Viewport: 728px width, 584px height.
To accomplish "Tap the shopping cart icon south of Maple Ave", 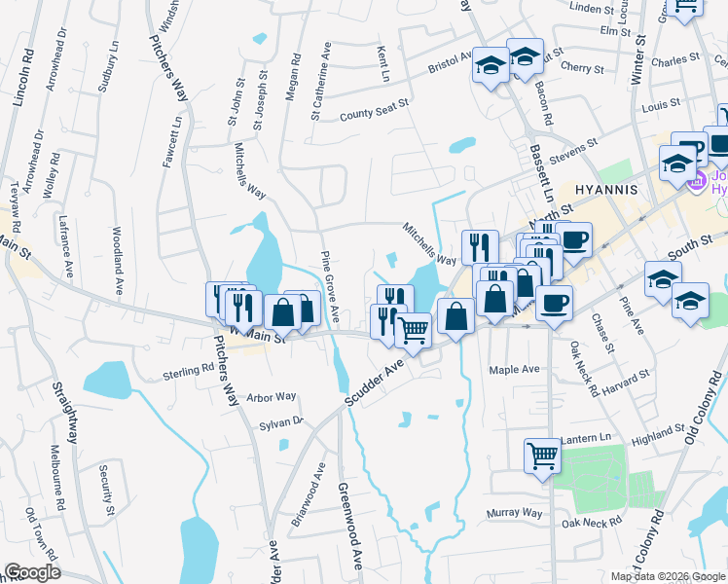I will click(542, 454).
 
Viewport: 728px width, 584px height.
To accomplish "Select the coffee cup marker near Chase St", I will click(554, 304).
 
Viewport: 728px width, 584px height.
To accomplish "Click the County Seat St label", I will click(374, 115).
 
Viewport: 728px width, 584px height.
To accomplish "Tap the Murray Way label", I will click(517, 512).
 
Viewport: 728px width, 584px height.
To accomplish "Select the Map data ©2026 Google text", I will click(667, 576).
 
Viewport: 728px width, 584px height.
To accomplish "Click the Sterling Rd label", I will click(188, 370).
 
